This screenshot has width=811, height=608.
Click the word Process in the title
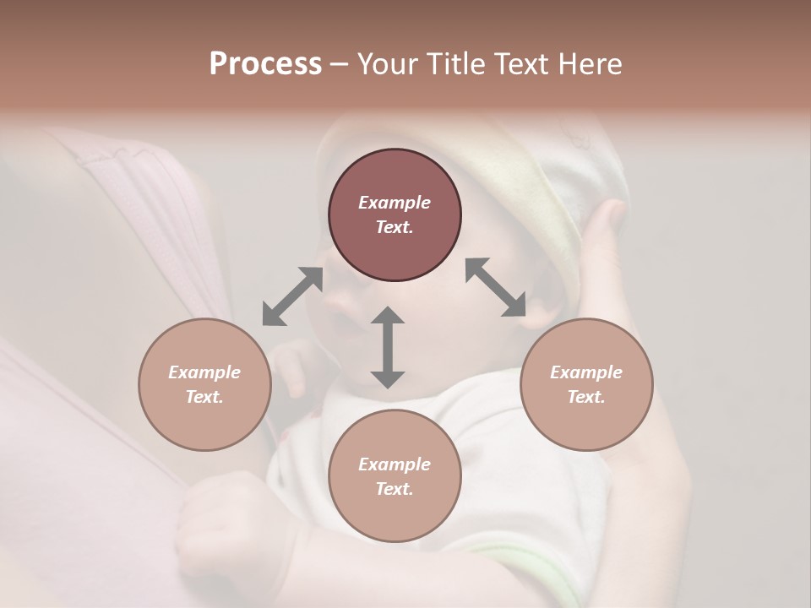coord(265,64)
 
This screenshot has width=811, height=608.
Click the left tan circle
coord(204,384)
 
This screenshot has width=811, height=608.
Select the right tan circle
coord(586,384)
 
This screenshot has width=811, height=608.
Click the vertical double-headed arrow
coord(388,347)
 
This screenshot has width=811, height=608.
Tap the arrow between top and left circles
coord(292,296)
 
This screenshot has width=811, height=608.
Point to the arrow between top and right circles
coord(496,287)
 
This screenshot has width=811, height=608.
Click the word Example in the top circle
coord(395,203)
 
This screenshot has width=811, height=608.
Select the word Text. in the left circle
coord(204,397)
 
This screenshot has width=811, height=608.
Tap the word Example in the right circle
coord(586,372)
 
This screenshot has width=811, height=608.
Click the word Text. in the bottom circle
coord(395,489)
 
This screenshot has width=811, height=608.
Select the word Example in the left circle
coord(204,372)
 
